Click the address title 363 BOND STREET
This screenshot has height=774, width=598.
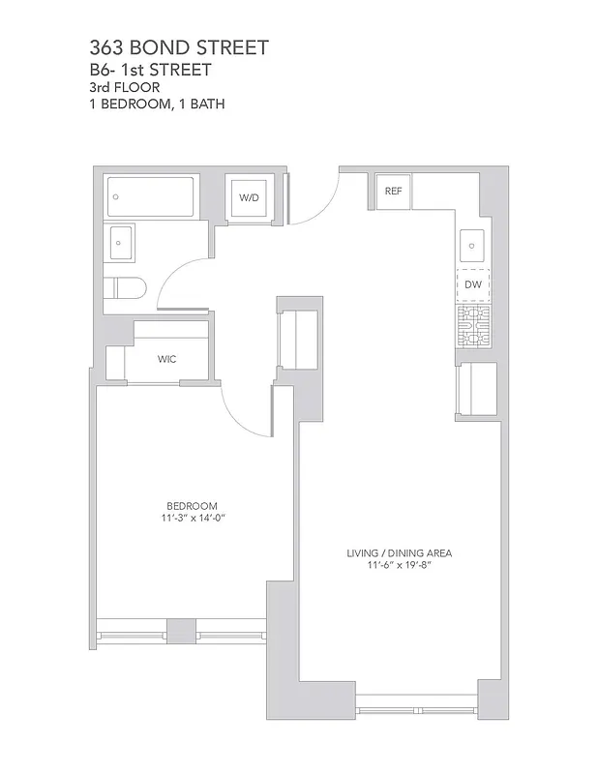click(179, 47)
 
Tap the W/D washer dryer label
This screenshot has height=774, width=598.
click(250, 197)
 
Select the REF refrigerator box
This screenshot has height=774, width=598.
click(393, 192)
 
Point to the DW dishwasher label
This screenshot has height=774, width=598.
click(473, 284)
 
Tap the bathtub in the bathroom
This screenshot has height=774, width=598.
click(152, 196)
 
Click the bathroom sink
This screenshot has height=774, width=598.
click(123, 242)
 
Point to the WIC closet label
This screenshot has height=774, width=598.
click(166, 359)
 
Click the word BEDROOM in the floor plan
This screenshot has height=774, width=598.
click(192, 505)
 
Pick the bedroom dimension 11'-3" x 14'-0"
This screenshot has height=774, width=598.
click(192, 518)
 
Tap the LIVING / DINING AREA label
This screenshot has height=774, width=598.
click(400, 553)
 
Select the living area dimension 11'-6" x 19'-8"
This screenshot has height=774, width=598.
click(400, 566)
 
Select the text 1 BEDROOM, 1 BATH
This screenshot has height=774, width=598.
click(157, 104)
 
